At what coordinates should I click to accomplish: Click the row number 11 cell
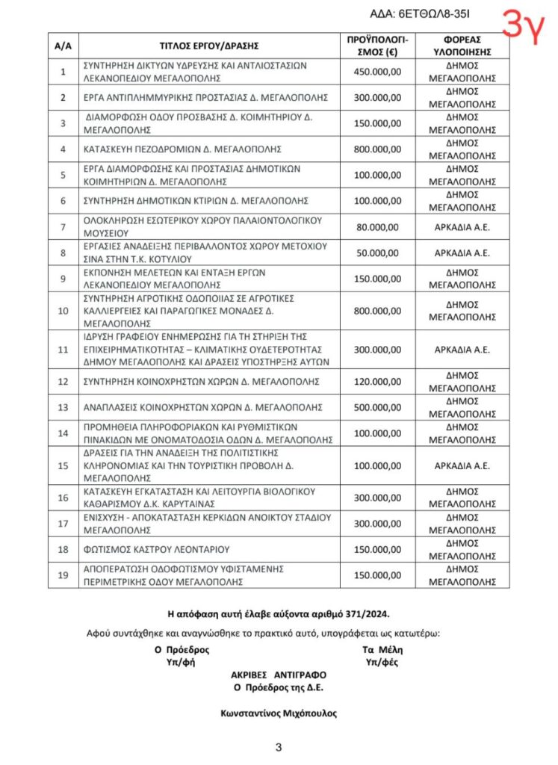[x=63, y=348]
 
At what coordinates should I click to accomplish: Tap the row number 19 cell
[x=63, y=574]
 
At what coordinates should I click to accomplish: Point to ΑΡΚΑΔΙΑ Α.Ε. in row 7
[x=462, y=226]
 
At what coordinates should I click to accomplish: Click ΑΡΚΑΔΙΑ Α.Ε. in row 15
[x=462, y=465]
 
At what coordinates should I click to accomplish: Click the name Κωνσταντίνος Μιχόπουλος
[x=279, y=713]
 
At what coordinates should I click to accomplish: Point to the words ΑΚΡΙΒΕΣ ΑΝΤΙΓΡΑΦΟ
[x=279, y=675]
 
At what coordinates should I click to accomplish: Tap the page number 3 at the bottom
[x=278, y=747]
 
